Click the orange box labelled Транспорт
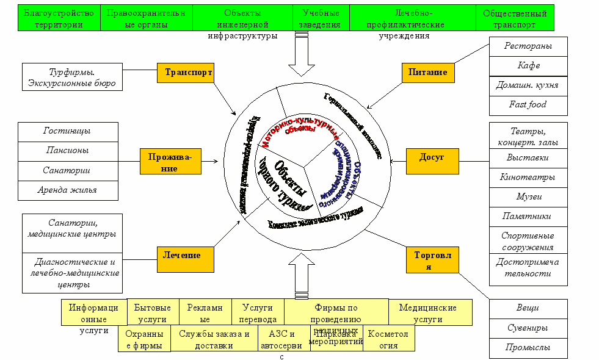coord(188,73)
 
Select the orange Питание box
coord(432,73)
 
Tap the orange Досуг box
coord(432,157)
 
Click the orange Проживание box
coord(170,162)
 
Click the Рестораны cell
coord(528,46)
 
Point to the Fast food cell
coord(528,105)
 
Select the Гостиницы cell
coord(68,131)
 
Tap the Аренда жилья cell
coord(68,190)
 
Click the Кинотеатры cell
coord(528,177)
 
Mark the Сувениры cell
coord(528,328)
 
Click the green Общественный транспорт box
coord(515,18)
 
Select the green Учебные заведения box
coord(321,18)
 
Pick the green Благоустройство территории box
coord(59,18)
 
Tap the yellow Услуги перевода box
coord(258,313)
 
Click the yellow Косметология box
coord(389,339)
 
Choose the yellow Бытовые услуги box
coord(153,313)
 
